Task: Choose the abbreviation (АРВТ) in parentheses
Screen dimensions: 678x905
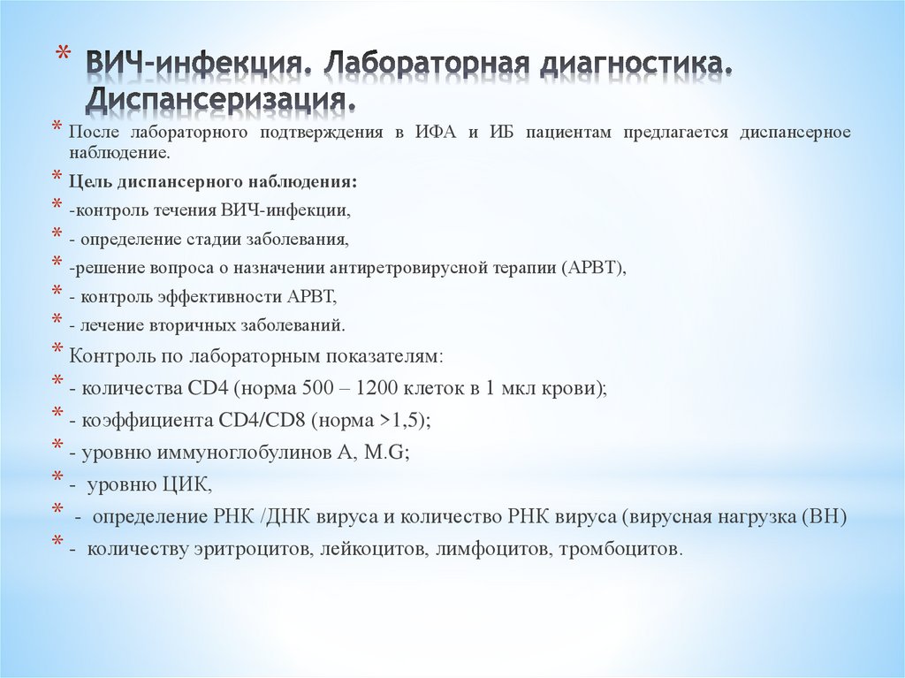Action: (591, 268)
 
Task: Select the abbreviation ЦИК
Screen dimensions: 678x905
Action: (186, 484)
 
